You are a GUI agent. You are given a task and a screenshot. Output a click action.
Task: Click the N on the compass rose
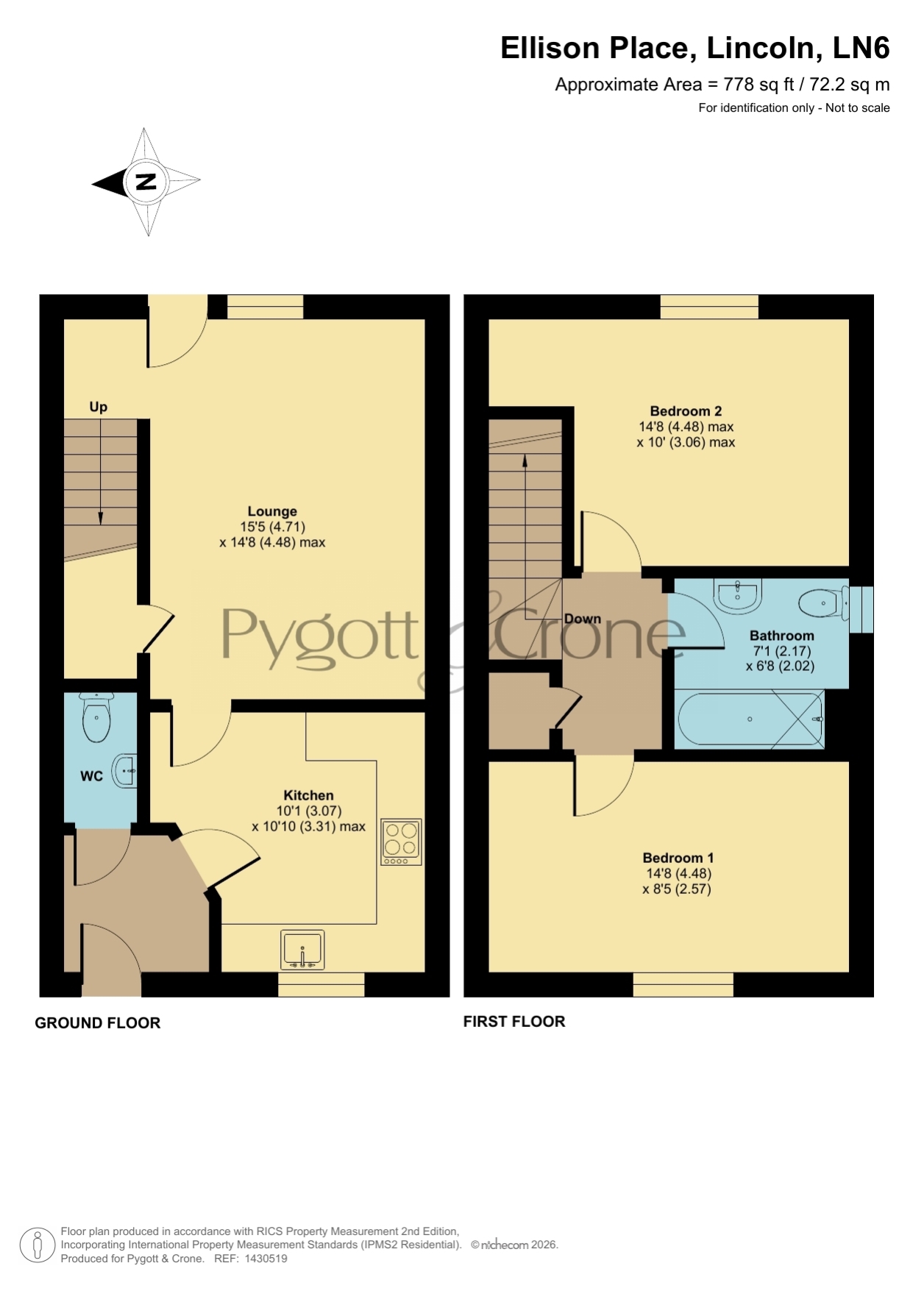(x=146, y=181)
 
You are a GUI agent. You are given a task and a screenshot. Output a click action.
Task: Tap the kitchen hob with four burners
(x=401, y=842)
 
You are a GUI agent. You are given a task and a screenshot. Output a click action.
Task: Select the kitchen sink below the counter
(x=302, y=950)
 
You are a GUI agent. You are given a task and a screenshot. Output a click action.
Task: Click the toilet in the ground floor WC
(x=96, y=716)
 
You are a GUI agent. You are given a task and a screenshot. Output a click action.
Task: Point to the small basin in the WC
(x=125, y=771)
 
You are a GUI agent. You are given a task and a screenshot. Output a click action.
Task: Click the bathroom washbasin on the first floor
(x=737, y=595)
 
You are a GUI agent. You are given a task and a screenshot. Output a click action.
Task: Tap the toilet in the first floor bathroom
(x=823, y=603)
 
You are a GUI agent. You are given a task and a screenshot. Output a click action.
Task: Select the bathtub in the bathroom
(x=750, y=719)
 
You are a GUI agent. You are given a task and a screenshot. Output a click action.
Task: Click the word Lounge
(x=272, y=511)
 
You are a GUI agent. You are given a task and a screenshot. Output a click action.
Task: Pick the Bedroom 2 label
(x=686, y=411)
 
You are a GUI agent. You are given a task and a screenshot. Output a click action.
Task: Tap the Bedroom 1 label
(x=678, y=858)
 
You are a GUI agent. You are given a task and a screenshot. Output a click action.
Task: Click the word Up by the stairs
(x=98, y=407)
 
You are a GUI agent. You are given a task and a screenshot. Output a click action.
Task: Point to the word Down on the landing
(x=583, y=619)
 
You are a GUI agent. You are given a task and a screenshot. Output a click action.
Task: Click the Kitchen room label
(x=308, y=795)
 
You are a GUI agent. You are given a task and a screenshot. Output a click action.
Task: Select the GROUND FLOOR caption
(x=98, y=1023)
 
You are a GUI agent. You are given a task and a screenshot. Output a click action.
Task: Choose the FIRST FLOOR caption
(x=514, y=1021)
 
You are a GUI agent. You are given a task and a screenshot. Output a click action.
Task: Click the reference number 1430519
(x=266, y=1259)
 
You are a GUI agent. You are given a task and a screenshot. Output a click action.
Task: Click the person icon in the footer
(x=37, y=1245)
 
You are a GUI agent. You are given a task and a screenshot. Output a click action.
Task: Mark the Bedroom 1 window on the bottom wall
(x=683, y=984)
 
